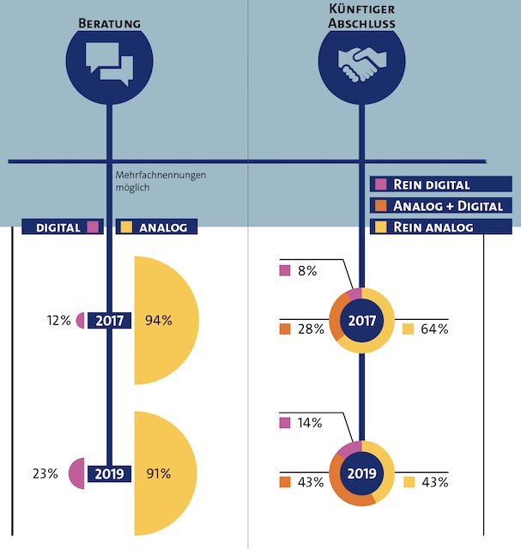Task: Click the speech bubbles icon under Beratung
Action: coord(109,62)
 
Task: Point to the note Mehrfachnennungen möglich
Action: coord(161,180)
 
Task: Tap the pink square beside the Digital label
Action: coord(94,227)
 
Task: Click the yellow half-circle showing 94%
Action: coord(165,321)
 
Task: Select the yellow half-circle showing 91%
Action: coord(165,474)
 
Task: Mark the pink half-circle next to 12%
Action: coord(81,321)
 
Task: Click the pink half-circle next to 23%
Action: coord(77,474)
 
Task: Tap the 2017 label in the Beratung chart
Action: coord(109,322)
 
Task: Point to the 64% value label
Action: coord(434,329)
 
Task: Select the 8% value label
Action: coord(307,271)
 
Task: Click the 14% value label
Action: coord(310,423)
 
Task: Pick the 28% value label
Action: coord(310,329)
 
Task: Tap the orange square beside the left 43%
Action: coord(286,482)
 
